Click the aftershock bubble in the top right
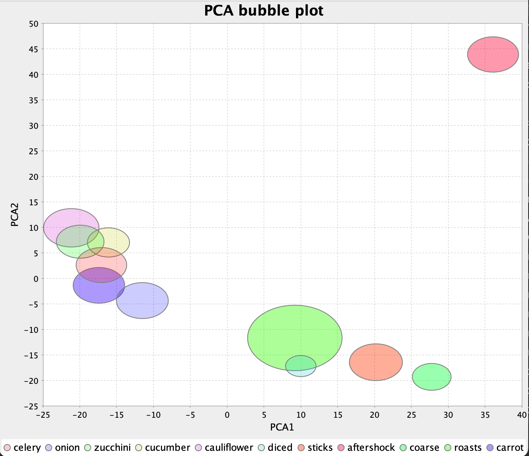[493, 55]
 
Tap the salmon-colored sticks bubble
[376, 362]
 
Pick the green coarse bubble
[431, 377]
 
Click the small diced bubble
[301, 366]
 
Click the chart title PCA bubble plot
[264, 10]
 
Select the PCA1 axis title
[282, 427]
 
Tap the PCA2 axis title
[15, 215]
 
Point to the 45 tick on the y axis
[34, 49]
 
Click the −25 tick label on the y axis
[31, 406]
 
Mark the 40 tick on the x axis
[522, 415]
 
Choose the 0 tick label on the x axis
[227, 415]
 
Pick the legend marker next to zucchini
[88, 448]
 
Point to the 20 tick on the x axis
[374, 415]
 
